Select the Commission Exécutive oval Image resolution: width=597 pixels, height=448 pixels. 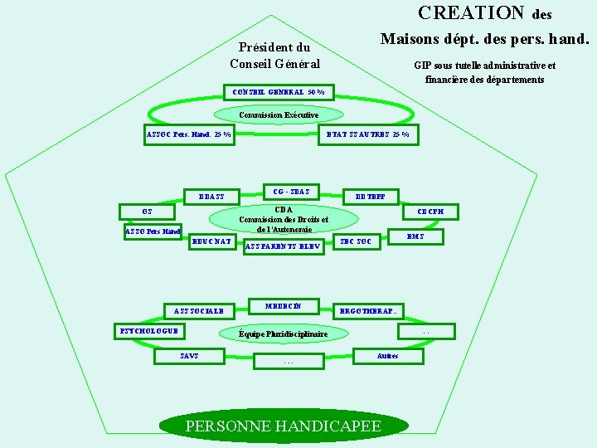click(x=279, y=114)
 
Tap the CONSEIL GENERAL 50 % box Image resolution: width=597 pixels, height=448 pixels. click(x=279, y=91)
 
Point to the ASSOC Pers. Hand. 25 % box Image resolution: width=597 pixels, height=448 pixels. click(x=189, y=134)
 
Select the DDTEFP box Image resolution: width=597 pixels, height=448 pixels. click(x=371, y=197)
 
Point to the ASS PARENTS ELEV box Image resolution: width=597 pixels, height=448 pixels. click(x=283, y=246)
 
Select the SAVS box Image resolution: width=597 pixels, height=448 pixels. click(x=189, y=356)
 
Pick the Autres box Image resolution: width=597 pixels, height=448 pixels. click(x=387, y=356)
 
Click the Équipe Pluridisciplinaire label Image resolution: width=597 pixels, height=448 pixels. click(x=283, y=334)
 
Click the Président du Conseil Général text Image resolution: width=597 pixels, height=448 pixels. click(x=274, y=56)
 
